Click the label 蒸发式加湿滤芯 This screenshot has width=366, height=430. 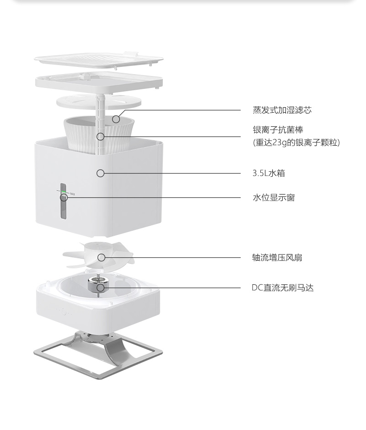[x=282, y=110]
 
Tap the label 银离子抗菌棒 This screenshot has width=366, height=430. [x=278, y=130]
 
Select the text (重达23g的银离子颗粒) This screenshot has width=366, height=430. [x=296, y=142]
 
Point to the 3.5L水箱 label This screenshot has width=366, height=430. [x=269, y=173]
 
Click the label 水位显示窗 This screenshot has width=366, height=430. [x=274, y=197]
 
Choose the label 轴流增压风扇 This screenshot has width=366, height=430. [x=277, y=257]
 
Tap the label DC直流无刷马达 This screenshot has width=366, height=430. [x=282, y=288]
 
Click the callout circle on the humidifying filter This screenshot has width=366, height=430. [x=116, y=120]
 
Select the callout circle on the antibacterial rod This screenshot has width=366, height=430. [x=101, y=136]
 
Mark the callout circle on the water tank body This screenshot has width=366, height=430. [x=101, y=173]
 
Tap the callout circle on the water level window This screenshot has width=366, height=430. [x=64, y=197]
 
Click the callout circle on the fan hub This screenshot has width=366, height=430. [x=102, y=257]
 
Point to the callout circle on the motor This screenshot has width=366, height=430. [x=101, y=288]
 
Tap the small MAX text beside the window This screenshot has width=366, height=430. [x=73, y=194]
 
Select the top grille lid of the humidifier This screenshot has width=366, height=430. [x=99, y=60]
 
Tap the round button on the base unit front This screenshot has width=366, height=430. [x=64, y=312]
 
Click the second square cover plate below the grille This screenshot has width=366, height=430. [x=99, y=82]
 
